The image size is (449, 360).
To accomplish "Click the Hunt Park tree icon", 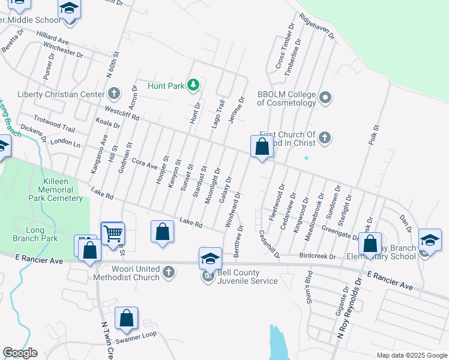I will [193, 85].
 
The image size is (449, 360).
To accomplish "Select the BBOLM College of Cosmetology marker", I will [325, 97].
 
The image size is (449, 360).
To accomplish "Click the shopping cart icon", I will [112, 233].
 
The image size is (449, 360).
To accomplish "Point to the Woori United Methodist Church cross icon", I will [169, 273].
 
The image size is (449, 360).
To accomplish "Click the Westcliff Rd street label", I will [122, 113].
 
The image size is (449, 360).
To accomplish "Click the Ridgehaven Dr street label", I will [316, 26].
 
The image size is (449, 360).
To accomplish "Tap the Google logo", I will [20, 353].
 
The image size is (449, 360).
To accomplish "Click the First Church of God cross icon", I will [324, 138].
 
